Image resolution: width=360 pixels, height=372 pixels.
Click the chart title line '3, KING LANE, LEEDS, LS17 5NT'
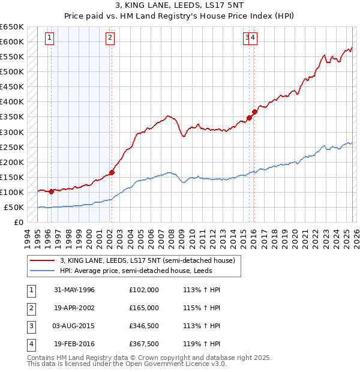coord(179,6)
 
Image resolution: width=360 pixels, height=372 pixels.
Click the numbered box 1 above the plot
coord(49,38)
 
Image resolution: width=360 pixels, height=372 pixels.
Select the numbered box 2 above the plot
coord(110,38)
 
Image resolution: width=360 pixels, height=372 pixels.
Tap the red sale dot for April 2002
coord(112,172)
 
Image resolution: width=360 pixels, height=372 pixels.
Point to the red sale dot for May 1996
coord(52,191)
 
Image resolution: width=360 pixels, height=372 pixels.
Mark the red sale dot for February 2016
coord(254,111)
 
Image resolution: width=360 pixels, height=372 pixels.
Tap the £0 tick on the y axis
coord(19,223)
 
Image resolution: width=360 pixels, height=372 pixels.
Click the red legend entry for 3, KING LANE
coord(151,260)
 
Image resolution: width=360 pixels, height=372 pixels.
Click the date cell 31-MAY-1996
coord(74,290)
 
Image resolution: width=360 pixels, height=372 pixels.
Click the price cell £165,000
coord(144,308)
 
